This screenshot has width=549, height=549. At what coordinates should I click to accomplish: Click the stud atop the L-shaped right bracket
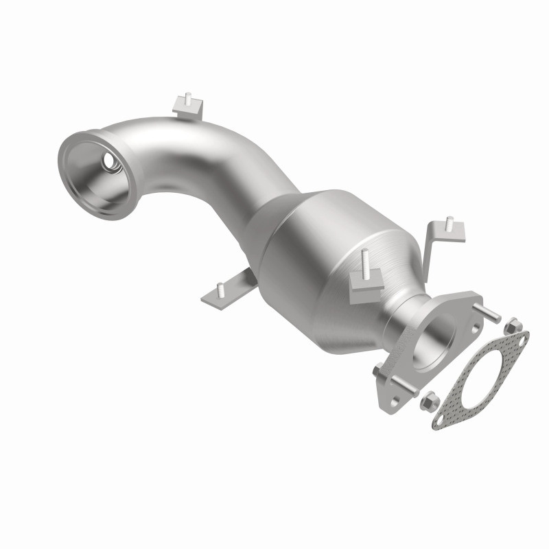[x=449, y=222]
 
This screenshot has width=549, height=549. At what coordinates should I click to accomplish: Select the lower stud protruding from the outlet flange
[x=380, y=371]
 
